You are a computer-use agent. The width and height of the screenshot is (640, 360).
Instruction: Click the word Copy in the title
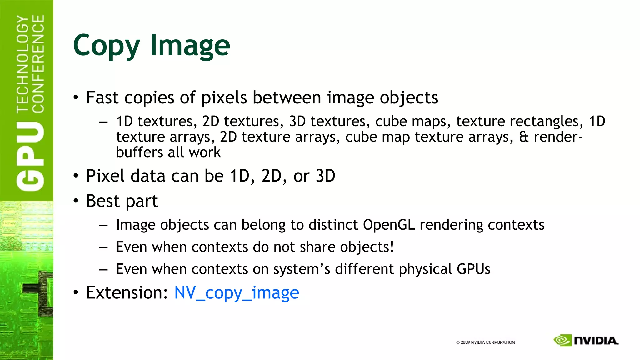(106, 46)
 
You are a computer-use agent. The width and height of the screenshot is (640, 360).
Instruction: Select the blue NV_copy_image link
(237, 293)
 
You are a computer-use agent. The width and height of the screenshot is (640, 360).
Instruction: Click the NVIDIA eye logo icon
(562, 340)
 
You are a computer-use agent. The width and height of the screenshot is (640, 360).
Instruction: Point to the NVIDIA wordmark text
(596, 341)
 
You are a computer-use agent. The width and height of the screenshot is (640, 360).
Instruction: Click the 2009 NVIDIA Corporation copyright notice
(485, 342)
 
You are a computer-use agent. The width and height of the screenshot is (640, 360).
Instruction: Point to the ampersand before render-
(523, 137)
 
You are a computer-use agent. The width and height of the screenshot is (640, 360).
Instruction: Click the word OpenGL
(389, 225)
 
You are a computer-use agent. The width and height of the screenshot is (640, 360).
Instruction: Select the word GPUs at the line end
(473, 269)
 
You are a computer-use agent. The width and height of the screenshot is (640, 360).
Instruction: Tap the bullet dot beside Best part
(76, 201)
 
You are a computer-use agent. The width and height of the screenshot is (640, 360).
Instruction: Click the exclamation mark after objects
(392, 247)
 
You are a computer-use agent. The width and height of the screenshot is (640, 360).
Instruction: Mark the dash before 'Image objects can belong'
(103, 225)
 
